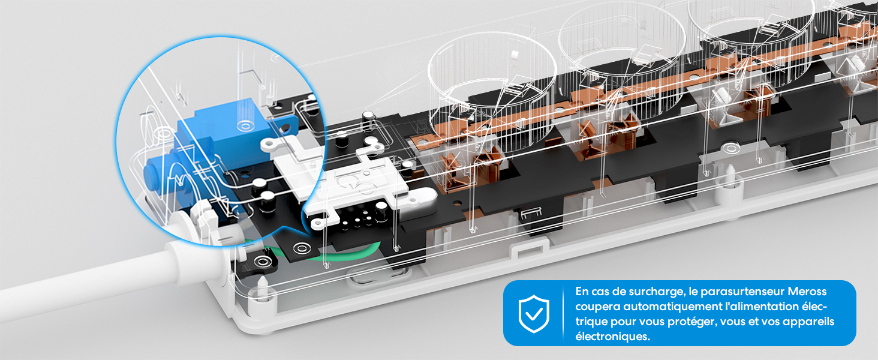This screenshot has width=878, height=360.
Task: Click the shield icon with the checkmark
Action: coord(533,313)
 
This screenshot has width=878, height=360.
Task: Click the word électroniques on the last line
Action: coord(612,337)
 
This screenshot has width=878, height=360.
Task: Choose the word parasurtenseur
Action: coord(732,292)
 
